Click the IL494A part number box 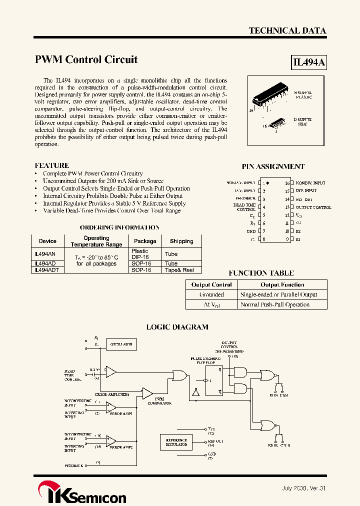(309, 62)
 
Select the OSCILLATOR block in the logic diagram (121, 344)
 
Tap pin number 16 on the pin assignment (287, 183)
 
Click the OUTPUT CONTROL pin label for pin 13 (313, 207)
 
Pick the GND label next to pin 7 (251, 231)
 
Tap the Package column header (145, 241)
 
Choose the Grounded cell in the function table (211, 294)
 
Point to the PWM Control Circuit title (86, 59)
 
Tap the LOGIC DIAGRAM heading (177, 327)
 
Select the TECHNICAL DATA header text (287, 30)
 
